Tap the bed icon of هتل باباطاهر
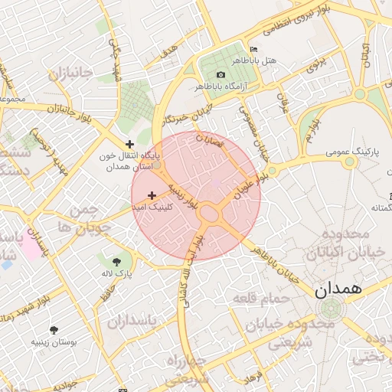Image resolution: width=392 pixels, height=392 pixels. (254, 50)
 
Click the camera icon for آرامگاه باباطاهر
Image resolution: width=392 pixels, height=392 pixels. (221, 74)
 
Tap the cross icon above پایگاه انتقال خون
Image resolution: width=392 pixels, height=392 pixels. (130, 143)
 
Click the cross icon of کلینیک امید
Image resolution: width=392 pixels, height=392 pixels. (152, 196)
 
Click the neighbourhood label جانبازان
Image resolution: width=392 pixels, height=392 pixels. (70, 74)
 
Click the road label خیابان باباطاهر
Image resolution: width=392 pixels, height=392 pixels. (267, 257)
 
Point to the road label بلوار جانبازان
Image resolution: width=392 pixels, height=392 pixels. (45, 109)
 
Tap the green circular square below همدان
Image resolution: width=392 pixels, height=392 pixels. (330, 309)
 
